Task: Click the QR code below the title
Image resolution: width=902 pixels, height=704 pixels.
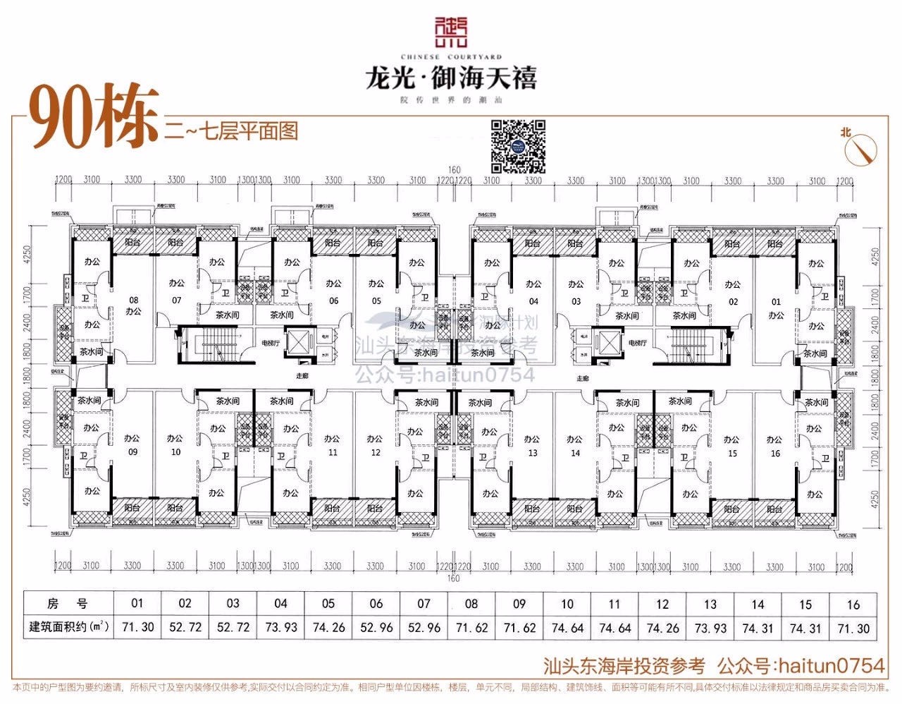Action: point(519,147)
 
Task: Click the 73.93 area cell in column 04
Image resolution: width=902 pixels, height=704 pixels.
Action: point(280,627)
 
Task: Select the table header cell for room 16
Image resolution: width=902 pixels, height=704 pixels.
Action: point(853,604)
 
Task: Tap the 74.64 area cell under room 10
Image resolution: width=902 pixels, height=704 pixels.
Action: point(567,627)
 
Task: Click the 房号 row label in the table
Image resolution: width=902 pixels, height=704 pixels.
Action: point(68,604)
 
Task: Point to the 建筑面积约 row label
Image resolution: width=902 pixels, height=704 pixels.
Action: point(68,627)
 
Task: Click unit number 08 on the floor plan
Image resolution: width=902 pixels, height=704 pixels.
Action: point(133,300)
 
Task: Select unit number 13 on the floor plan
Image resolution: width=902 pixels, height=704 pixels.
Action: point(533,453)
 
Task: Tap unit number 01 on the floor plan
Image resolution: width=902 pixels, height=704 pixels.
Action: point(776,302)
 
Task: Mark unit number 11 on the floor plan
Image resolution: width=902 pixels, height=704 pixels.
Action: point(333,453)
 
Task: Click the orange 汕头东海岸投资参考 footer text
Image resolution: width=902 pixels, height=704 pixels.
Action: point(624,665)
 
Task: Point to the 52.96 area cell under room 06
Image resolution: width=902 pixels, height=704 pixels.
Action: point(376,627)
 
